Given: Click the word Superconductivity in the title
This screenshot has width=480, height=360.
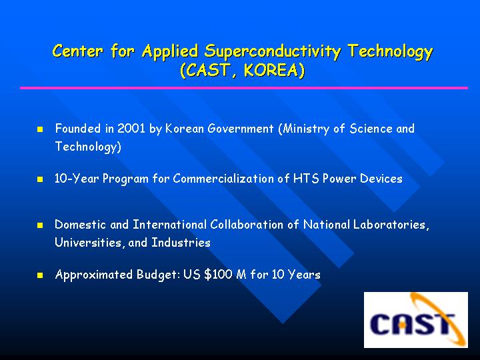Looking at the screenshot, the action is pos(273,51).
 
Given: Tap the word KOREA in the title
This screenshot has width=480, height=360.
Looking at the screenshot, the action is pos(270,70).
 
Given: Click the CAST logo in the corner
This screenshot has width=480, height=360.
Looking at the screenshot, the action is pos(416,320).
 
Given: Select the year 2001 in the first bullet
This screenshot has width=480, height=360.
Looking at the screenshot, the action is pos(131,129).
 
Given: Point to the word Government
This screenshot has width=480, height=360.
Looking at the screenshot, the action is pos(240,129).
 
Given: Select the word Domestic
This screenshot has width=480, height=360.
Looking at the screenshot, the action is pos(81,225).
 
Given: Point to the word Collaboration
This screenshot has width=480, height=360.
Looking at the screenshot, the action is pos(247,225).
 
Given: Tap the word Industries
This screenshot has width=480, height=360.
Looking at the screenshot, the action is pos(181,243).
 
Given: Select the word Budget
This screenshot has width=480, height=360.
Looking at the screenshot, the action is pos(156,275).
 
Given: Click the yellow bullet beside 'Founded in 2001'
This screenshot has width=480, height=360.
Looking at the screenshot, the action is pos(40,129).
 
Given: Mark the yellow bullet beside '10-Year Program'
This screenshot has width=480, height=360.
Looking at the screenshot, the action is pos(40,179).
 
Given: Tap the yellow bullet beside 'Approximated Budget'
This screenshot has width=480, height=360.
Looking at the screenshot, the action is pos(40,275).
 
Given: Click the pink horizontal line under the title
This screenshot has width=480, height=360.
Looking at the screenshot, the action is pos(244,88).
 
